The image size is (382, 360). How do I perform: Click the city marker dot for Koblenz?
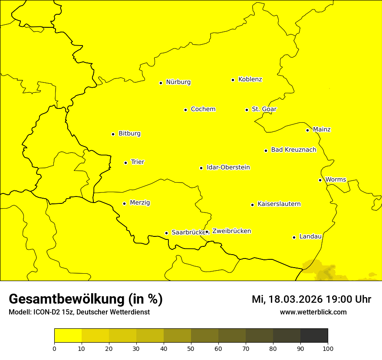tap(233, 80)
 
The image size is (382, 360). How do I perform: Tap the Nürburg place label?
tap(178, 82)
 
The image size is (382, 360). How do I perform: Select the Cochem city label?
tap(203, 109)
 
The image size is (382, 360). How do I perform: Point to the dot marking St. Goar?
tap(247, 110)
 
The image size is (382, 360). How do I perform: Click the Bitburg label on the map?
tap(129, 134)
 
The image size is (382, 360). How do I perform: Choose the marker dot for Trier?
tap(126, 163)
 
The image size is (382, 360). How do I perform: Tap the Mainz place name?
tap(322, 129)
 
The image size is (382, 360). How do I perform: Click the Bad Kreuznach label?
tap(293, 150)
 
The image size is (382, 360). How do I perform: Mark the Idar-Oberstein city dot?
tap(201, 168)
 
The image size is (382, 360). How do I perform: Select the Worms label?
tap(336, 180)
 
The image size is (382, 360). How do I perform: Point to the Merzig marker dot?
tap(125, 203)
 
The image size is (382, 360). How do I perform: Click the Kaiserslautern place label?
tap(279, 204)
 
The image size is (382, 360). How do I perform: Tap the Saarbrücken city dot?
tap(166, 233)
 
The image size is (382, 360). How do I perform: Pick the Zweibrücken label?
tap(231, 231)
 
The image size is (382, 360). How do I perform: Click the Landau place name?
tap(310, 236)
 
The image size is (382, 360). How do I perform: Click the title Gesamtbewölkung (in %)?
tap(86, 299)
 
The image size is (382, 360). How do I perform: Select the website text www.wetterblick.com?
tap(313, 312)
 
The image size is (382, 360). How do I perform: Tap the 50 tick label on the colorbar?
tap(191, 348)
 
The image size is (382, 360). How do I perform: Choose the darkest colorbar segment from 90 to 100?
tap(314, 336)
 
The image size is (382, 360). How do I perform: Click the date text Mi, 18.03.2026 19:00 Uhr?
tap(311, 299)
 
